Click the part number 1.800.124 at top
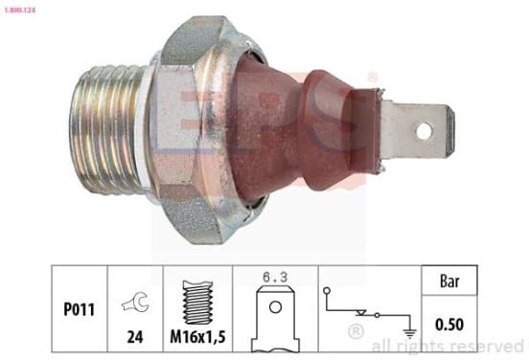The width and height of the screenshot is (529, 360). (x=19, y=11)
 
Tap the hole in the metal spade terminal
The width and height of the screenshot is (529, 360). (x=425, y=131)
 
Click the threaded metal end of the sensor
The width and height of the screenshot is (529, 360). (x=107, y=130)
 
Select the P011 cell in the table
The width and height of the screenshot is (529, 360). (x=80, y=309)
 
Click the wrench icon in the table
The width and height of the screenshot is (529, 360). (x=136, y=301)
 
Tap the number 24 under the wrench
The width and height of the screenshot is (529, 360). (x=135, y=336)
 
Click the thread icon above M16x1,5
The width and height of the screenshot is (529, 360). (x=197, y=303)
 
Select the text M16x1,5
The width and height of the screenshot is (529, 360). (x=197, y=336)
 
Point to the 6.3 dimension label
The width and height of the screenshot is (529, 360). (x=275, y=277)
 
